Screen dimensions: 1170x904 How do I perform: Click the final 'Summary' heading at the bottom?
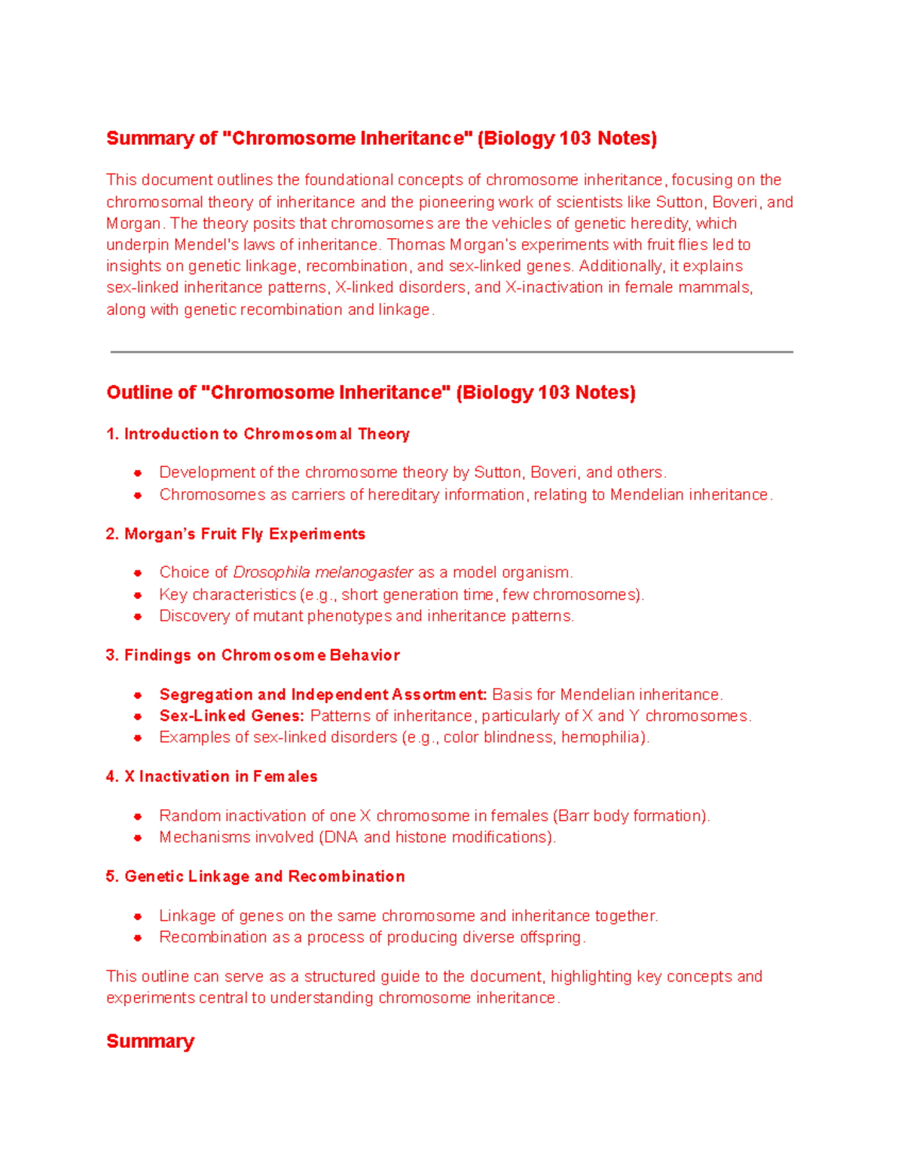150,1041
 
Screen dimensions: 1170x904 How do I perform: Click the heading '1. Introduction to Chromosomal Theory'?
258,434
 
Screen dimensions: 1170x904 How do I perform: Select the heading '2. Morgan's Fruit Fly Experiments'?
235,534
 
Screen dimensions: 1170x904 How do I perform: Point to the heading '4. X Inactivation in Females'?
212,777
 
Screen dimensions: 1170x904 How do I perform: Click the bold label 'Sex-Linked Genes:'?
231,716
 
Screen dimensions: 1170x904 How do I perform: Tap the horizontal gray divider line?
452,352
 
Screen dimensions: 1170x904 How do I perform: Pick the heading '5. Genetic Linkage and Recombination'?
255,877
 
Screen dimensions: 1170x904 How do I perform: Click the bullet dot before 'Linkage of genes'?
138,917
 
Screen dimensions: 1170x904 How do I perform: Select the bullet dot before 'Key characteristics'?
138,595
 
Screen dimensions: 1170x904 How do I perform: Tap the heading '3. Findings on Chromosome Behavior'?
252,655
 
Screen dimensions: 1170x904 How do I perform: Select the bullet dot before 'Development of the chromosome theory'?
138,473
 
